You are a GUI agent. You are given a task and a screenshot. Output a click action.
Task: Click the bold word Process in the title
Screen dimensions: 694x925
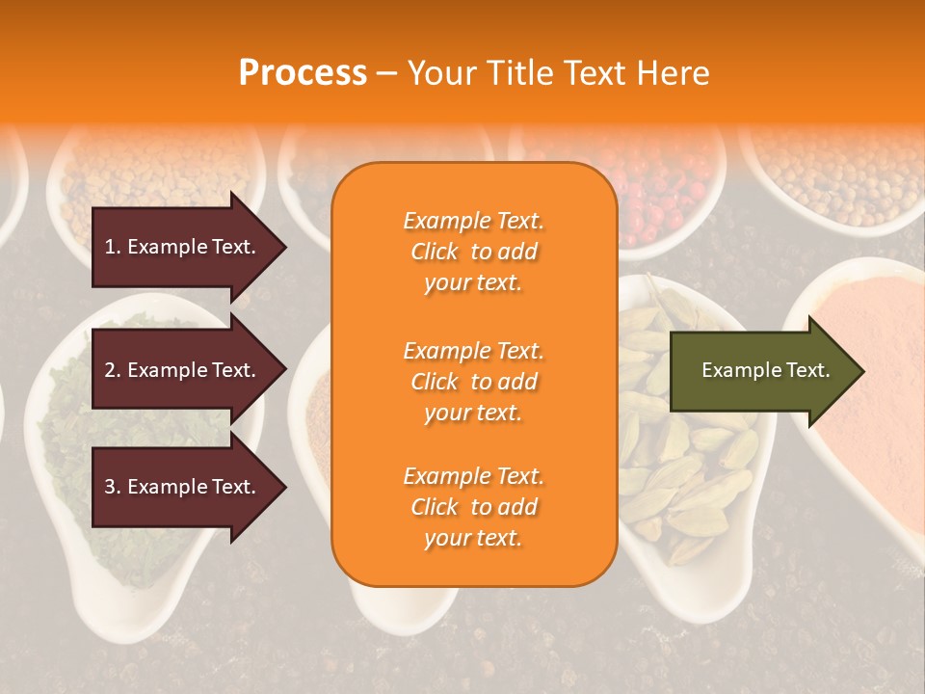tap(303, 73)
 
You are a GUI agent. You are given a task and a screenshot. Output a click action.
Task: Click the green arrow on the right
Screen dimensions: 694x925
tap(761, 370)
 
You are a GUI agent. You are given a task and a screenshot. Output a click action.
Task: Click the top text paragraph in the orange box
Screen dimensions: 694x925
tap(473, 252)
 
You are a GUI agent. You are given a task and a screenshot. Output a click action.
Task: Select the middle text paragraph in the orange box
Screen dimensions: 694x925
tap(473, 382)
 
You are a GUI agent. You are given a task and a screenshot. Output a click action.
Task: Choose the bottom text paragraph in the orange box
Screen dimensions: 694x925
tap(473, 507)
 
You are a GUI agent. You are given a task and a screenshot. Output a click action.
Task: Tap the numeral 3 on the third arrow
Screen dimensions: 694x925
tap(109, 487)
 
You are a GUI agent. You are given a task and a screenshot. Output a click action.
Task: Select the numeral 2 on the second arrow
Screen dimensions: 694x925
tap(109, 370)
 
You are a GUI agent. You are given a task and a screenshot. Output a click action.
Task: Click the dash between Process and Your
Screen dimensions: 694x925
tap(386, 73)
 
